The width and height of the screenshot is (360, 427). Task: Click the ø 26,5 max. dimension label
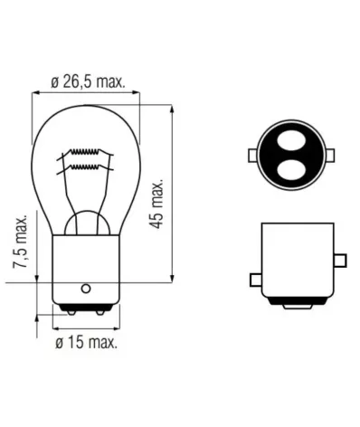click(88, 82)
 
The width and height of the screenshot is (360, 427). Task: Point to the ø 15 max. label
click(86, 343)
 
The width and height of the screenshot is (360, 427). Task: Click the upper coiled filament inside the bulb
click(87, 152)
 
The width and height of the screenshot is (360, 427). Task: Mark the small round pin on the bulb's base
click(86, 289)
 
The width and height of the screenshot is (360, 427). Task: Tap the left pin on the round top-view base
click(253, 156)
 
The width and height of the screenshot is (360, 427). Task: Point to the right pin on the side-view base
click(339, 261)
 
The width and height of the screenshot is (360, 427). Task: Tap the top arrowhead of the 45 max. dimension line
click(173, 108)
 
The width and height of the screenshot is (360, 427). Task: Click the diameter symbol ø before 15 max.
click(59, 344)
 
